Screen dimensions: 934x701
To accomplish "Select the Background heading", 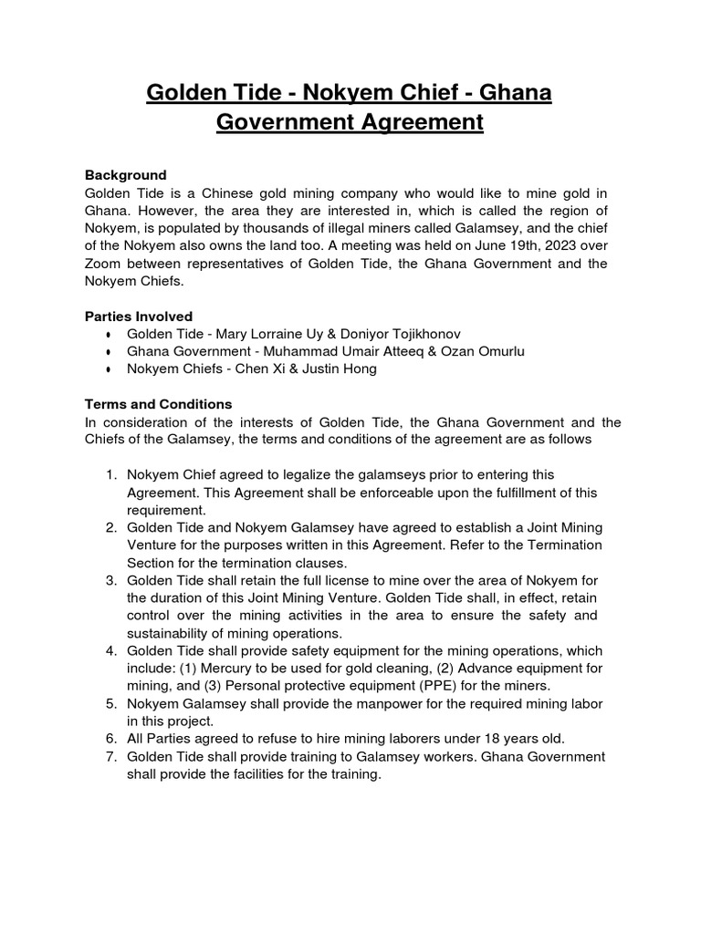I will point(126,174).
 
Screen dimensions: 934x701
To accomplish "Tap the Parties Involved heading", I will point(139,316).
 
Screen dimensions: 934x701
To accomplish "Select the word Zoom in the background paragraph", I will point(104,264).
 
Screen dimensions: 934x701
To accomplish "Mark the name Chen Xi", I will point(258,368).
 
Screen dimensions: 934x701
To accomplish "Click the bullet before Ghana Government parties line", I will point(109,352).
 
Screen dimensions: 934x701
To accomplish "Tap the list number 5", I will point(110,704).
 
